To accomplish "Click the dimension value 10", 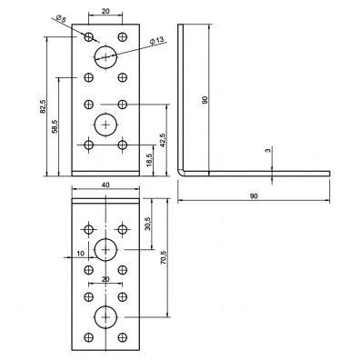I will (x=80, y=254).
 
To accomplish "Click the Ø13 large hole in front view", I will (x=105, y=55).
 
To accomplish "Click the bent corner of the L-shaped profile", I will (x=182, y=169).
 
